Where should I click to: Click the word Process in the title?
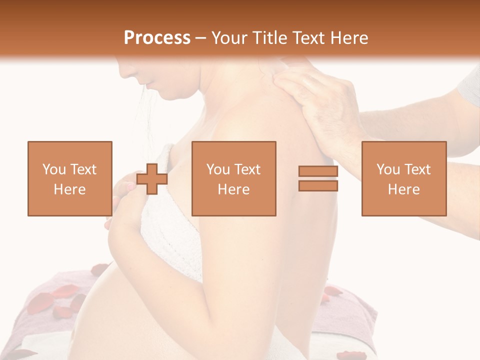157,38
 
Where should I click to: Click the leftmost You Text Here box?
69,178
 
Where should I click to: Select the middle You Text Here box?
233,178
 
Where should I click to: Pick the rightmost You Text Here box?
403,178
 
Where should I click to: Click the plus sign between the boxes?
152,178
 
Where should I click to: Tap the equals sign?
318,178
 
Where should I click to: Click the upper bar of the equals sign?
318,171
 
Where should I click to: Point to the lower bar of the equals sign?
318,186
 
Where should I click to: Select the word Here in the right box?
403,189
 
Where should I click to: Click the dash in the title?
201,38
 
